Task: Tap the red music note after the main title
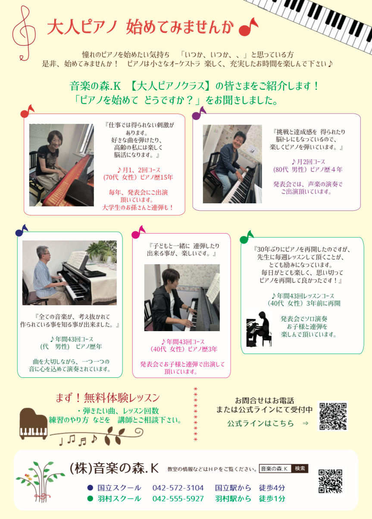(248, 27)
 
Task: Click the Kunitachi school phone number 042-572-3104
(178, 488)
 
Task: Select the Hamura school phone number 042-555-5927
(178, 499)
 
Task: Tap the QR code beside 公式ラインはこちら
(333, 416)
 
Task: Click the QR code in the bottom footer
(330, 481)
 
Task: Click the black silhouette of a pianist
(259, 329)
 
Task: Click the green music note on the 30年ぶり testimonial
(247, 237)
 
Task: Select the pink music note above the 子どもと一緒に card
(138, 232)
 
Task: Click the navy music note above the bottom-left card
(22, 231)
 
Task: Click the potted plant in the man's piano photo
(102, 251)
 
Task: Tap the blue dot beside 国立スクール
(90, 488)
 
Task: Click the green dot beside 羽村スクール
(90, 499)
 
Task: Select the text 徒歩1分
(272, 499)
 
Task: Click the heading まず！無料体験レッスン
(108, 398)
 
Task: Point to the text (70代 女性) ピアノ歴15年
(138, 177)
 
